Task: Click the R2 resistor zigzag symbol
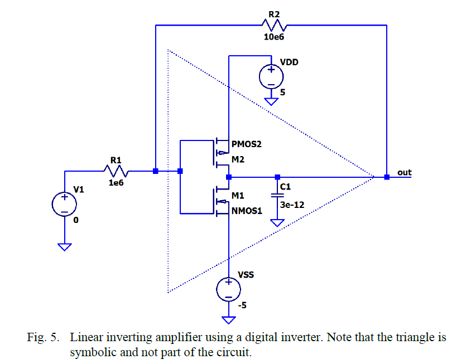(x=273, y=25)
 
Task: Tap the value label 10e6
(x=273, y=37)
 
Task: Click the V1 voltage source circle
(x=65, y=204)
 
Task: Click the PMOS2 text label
(x=247, y=144)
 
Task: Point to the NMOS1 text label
(x=247, y=211)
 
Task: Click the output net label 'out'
(x=404, y=172)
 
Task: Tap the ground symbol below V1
(x=65, y=246)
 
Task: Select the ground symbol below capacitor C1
(x=277, y=222)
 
